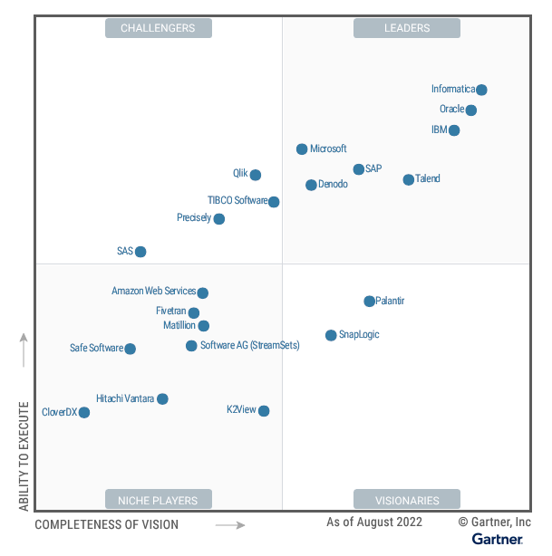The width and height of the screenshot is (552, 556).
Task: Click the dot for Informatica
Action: (x=481, y=90)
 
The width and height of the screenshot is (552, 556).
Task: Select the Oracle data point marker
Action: (x=470, y=110)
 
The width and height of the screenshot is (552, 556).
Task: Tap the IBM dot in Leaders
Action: (x=454, y=130)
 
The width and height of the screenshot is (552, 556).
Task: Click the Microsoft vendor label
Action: (x=328, y=149)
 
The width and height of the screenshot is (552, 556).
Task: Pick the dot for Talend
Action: (x=408, y=180)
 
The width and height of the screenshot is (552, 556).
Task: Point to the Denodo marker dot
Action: (x=311, y=185)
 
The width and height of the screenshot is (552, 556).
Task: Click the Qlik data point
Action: (x=256, y=175)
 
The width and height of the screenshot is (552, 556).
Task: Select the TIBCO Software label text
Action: (x=237, y=200)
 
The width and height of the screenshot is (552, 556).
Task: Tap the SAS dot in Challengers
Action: (x=140, y=252)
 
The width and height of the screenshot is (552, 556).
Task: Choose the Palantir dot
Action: (x=369, y=302)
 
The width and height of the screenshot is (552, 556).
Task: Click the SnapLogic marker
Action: (x=331, y=335)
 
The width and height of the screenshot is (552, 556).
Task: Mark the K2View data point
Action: (x=264, y=411)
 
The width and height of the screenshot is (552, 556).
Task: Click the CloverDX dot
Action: (x=84, y=412)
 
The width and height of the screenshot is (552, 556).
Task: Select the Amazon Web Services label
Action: (x=153, y=291)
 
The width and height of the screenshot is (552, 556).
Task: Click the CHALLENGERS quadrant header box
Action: (x=158, y=28)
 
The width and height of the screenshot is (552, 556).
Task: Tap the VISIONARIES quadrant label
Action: (x=407, y=500)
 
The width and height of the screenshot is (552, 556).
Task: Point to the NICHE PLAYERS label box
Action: (x=158, y=500)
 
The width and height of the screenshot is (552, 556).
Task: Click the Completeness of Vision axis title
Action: (x=107, y=524)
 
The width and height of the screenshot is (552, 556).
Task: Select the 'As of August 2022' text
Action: (x=373, y=522)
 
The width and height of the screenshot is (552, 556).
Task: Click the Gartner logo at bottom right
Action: (x=497, y=540)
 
